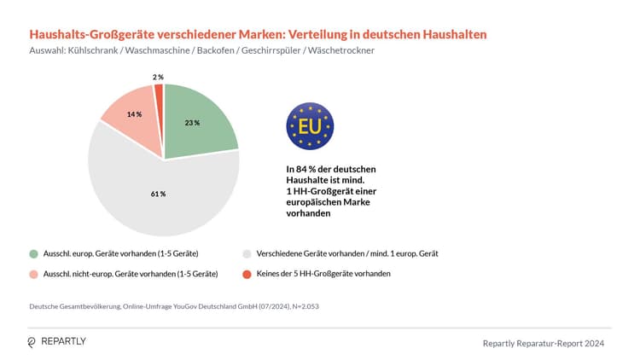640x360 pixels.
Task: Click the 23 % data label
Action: [x=192, y=123]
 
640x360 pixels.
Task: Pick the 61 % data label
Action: [x=158, y=194]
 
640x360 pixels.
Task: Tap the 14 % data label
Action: [x=133, y=113]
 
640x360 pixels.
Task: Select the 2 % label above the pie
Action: [x=158, y=77]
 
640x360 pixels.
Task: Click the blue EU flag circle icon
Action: [x=310, y=126]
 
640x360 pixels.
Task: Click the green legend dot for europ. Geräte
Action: [x=33, y=253]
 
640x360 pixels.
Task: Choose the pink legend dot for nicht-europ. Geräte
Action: [x=33, y=274]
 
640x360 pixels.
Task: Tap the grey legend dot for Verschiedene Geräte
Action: [x=247, y=253]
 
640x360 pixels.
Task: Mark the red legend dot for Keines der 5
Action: [x=247, y=274]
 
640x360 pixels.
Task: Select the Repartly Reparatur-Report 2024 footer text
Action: [x=544, y=343]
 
